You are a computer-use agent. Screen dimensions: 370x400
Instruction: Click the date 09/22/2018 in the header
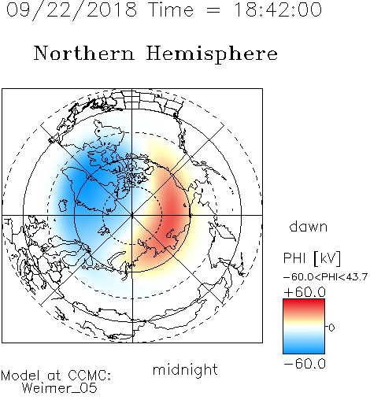(72, 10)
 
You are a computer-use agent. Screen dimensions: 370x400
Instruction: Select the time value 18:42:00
(278, 9)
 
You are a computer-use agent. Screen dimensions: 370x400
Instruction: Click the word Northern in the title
(84, 54)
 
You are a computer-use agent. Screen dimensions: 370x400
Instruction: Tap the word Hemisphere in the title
(212, 54)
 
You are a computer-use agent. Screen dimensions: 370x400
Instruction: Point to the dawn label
(309, 226)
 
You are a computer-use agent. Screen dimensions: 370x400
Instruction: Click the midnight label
(185, 369)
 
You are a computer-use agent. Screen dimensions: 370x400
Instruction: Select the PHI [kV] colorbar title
(312, 258)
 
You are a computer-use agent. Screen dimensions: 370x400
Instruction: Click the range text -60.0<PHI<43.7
(325, 277)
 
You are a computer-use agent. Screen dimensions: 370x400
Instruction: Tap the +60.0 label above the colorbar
(305, 292)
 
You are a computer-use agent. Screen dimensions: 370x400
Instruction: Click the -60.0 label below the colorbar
(305, 364)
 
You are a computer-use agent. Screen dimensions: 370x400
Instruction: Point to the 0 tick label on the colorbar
(331, 328)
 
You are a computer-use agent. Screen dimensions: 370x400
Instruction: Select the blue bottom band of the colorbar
(304, 349)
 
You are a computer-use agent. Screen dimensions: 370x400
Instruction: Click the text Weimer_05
(60, 388)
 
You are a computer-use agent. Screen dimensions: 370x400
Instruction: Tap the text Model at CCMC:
(56, 376)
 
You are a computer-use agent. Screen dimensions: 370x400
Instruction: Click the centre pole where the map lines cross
(132, 216)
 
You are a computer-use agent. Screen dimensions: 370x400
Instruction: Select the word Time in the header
(171, 9)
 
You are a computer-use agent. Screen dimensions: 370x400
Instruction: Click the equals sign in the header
(213, 11)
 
